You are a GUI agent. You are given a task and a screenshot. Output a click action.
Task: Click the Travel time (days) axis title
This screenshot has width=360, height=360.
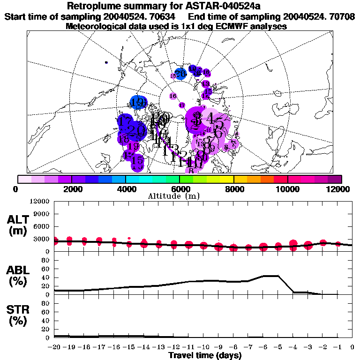click(x=205, y=356)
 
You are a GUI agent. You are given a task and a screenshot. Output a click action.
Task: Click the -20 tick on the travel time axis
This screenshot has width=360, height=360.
click(x=54, y=347)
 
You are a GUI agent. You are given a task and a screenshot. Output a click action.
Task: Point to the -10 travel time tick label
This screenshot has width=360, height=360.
click(x=203, y=347)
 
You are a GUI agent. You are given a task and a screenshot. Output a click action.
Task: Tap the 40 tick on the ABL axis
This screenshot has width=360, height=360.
click(x=45, y=277)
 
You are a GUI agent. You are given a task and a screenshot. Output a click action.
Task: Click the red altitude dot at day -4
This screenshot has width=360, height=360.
click(x=294, y=243)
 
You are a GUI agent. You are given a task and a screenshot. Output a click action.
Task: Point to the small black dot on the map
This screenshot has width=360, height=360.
click(x=107, y=62)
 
